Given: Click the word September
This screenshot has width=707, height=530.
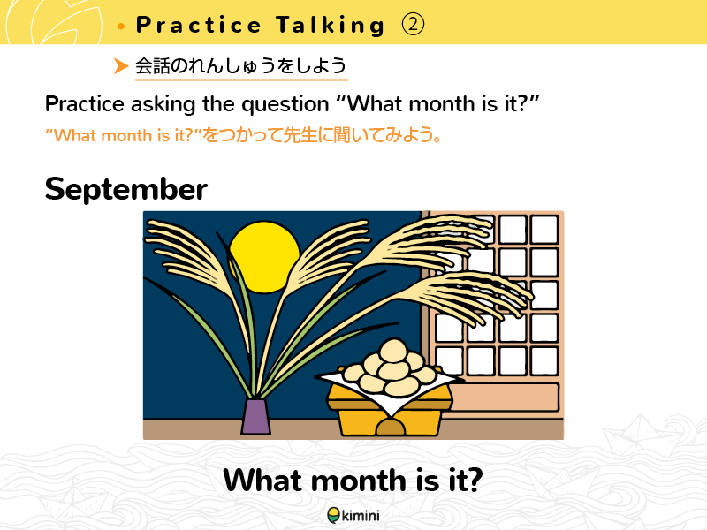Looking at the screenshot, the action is [126, 190].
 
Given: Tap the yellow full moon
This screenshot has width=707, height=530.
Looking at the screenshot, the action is [264, 257].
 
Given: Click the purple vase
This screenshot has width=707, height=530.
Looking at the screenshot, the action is [255, 416].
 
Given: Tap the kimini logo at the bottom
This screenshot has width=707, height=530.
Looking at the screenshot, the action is [353, 515].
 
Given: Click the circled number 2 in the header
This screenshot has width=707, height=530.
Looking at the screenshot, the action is [413, 25].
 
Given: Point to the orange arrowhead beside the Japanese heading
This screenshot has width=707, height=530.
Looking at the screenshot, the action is [121, 65].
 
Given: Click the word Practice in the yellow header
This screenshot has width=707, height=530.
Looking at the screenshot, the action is [198, 25].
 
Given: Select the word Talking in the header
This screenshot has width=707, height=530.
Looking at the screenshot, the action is [331, 26].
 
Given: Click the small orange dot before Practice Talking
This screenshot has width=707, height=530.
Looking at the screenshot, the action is [121, 26].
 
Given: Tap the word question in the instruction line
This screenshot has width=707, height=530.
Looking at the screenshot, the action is [285, 104].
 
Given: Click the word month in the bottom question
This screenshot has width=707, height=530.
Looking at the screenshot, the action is [359, 480].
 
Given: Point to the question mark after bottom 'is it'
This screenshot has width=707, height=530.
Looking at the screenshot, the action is [475, 480].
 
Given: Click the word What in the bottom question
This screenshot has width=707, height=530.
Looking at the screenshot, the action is [262, 480].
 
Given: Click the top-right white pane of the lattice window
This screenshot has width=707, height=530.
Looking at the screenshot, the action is [544, 230].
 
